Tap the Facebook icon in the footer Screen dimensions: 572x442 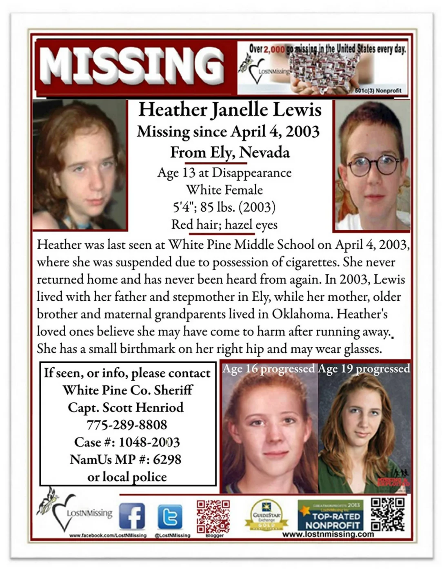[132, 516]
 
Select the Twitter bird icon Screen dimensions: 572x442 [170, 516]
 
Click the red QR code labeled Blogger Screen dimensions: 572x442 [213, 516]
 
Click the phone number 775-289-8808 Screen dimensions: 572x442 [127, 425]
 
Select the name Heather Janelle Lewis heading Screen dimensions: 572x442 [230, 109]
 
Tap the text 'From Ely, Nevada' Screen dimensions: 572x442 [230, 152]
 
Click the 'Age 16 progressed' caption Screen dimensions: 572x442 [268, 369]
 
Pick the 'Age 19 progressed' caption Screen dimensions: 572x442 [364, 369]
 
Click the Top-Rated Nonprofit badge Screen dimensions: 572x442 [331, 516]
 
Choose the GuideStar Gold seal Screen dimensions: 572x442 [266, 515]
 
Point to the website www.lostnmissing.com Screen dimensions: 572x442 [328, 534]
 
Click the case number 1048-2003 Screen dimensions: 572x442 [149, 442]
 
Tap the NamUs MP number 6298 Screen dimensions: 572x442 [167, 459]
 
